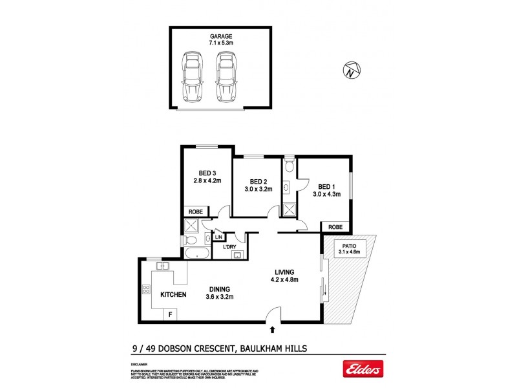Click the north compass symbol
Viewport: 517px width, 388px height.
351,70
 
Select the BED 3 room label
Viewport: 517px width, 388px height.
206,177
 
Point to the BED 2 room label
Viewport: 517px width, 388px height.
258,185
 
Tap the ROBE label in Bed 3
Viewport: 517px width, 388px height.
196,212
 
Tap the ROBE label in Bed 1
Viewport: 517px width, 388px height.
335,227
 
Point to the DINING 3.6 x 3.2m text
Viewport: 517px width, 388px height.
220,293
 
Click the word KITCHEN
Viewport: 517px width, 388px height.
173,294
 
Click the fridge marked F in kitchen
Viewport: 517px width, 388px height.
171,315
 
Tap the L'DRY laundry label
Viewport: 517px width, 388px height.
229,247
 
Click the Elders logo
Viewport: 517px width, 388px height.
363,369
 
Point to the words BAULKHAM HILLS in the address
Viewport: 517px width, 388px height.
275,347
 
